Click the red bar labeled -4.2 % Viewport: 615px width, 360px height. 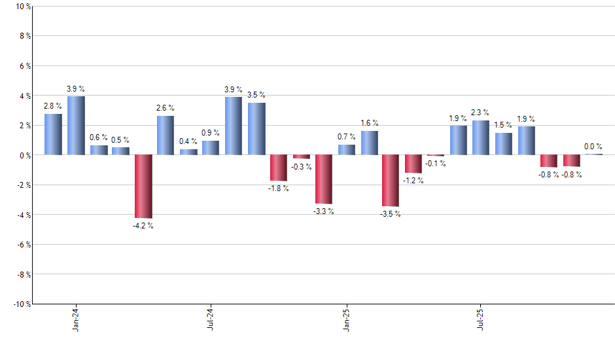coord(143,187)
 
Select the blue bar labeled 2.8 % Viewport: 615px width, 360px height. coord(53,134)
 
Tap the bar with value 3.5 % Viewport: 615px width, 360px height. coord(256,129)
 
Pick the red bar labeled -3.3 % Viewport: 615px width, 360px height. coord(324,179)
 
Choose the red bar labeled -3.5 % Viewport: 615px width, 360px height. coord(391,181)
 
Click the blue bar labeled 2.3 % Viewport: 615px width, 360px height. coord(481,137)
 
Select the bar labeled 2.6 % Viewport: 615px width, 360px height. coord(166,135)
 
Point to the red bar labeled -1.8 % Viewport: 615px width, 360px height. coord(279,168)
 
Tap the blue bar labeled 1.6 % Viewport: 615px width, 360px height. coord(369,143)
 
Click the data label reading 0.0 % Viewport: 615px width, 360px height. coord(593,147)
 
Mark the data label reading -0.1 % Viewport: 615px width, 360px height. coord(436,164)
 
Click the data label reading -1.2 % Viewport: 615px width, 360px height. coord(413,180)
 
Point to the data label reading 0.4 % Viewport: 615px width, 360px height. coord(188,141)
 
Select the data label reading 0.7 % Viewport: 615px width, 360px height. coord(347,137)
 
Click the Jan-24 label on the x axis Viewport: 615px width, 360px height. coord(77,318)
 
